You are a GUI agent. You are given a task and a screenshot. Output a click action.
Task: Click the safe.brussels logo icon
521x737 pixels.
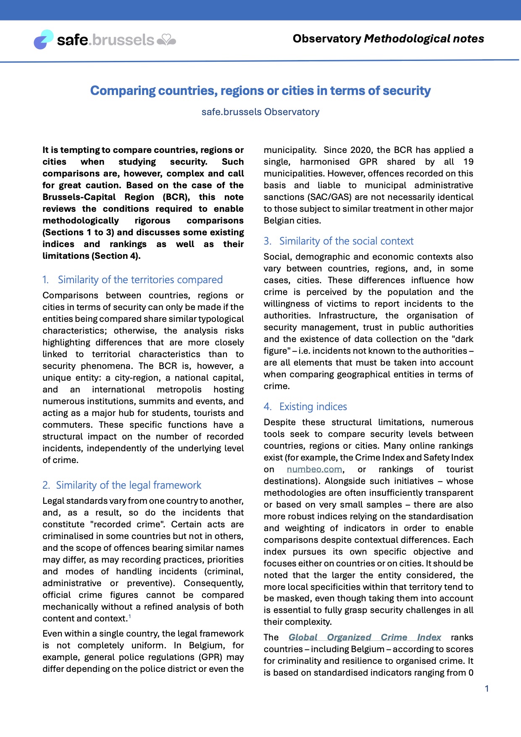coord(43,39)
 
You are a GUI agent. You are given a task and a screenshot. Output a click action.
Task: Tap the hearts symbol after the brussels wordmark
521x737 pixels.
coord(166,40)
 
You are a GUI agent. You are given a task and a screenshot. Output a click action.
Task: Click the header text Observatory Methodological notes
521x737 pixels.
coord(388,39)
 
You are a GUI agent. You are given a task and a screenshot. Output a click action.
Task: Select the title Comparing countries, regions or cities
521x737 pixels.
coord(260,91)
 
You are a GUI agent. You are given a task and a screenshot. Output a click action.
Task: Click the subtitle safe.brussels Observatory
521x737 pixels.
coord(260,112)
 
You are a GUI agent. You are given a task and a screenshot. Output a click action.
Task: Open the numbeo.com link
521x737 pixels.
coord(314,469)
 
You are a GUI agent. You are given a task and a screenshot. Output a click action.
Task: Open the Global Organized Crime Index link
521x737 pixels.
coord(365,637)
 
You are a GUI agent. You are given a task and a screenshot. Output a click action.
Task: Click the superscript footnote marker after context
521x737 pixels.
coord(130,616)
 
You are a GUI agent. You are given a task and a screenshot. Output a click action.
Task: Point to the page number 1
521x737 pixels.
coord(487,689)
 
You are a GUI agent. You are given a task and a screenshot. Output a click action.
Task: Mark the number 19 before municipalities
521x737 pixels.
coord(468,162)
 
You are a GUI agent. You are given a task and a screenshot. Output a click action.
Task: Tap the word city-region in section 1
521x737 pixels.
coord(135,378)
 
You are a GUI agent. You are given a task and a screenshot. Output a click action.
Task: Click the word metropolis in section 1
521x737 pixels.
coord(179,390)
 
